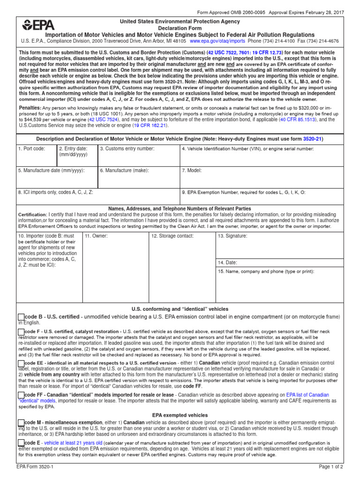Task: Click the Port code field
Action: click(37, 157)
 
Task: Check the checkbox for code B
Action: click(21, 318)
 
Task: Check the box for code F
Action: click(21, 332)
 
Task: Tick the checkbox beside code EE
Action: click(21, 363)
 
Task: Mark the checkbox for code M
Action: click(21, 424)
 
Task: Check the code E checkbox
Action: click(21, 443)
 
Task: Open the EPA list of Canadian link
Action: click(307, 395)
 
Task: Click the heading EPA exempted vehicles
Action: click(180, 415)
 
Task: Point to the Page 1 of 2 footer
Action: click(331, 467)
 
